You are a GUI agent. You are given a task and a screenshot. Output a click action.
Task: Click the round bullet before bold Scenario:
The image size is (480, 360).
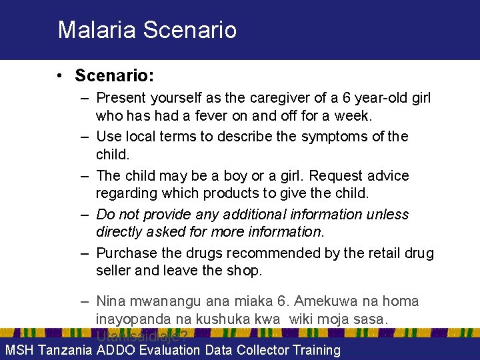(61, 76)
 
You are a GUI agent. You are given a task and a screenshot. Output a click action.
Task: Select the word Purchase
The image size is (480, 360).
(125, 253)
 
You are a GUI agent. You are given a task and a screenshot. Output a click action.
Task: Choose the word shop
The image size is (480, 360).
(247, 271)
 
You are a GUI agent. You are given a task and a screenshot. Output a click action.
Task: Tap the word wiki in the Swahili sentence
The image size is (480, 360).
(303, 319)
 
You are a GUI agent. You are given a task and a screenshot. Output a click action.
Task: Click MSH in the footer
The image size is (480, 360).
(19, 350)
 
